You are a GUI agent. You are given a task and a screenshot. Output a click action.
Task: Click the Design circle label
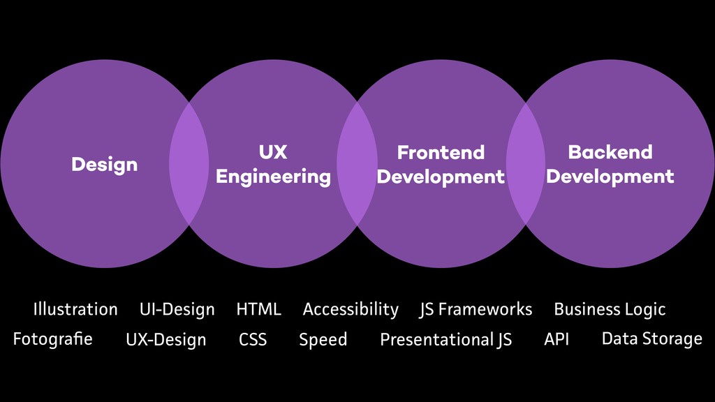[104, 165]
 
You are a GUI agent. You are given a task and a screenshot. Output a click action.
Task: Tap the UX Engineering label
[273, 165]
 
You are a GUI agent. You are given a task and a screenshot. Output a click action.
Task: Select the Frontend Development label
[440, 165]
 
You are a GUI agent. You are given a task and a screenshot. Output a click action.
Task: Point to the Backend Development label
[610, 164]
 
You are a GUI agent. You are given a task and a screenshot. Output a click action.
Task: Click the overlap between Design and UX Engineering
[189, 164]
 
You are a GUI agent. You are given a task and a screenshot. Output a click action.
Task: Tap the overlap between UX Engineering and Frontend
[357, 164]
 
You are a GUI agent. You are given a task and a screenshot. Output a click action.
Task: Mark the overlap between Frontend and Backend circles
[526, 164]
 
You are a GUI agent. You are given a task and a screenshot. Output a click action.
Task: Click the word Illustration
[75, 309]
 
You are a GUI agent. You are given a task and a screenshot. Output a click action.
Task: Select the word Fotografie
[52, 339]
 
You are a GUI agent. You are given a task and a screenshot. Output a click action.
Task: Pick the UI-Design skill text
[177, 309]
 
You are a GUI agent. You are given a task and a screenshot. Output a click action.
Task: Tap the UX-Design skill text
[166, 340]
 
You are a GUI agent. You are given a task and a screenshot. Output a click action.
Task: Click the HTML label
[258, 309]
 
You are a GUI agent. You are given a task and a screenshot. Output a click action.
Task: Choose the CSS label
[253, 340]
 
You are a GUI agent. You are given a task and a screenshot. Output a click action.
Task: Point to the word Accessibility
[351, 309]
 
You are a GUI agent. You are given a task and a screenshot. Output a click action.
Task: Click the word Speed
[323, 340]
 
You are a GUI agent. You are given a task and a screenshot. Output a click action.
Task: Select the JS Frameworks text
[476, 309]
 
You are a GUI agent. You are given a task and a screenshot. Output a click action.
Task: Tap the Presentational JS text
[445, 340]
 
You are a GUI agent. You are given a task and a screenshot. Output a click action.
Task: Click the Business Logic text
[610, 309]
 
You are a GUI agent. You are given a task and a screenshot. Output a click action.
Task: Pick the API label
[556, 339]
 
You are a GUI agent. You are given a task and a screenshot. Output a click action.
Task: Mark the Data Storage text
[651, 339]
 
